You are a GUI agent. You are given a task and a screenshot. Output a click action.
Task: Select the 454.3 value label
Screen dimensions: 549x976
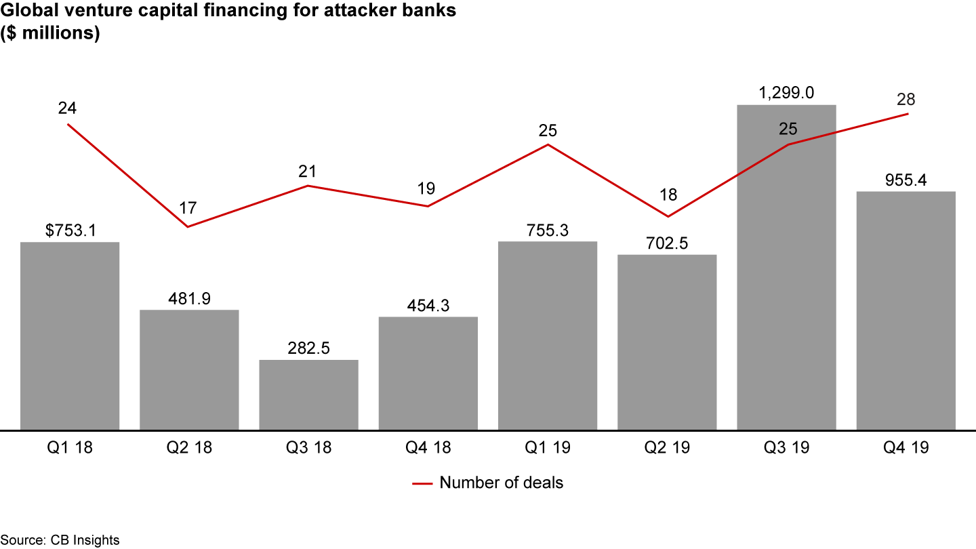click(428, 306)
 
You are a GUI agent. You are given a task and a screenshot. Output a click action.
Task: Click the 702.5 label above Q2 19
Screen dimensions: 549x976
click(667, 243)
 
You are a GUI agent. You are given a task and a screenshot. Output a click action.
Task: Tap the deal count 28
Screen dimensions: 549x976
click(906, 99)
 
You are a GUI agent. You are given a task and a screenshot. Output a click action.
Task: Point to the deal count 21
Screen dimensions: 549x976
click(308, 171)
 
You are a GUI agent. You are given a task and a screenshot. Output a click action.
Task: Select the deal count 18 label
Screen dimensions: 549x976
click(668, 195)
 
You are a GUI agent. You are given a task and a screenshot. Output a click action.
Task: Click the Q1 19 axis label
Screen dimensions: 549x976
click(547, 448)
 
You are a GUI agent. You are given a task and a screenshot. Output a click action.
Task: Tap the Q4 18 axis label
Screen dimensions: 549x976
click(428, 448)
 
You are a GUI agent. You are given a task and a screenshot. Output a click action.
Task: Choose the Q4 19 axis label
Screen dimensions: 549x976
click(906, 448)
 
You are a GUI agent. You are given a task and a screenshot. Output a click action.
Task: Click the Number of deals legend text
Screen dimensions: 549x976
click(501, 483)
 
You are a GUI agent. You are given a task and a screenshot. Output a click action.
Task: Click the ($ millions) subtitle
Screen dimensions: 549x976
click(50, 34)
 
